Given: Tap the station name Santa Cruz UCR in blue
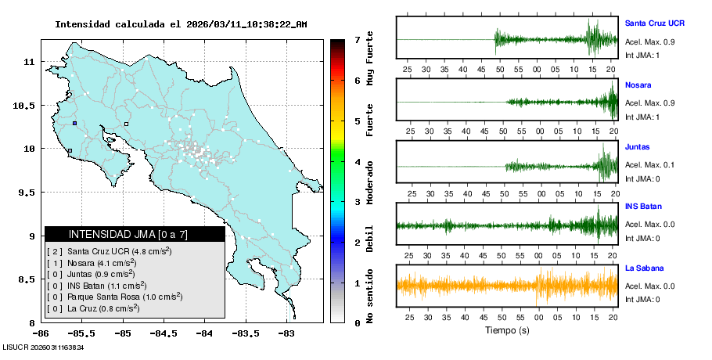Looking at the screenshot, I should (x=654, y=23).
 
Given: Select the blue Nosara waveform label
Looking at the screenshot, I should (x=638, y=85).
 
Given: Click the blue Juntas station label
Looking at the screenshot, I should (x=637, y=147).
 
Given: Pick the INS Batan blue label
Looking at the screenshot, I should (x=642, y=207).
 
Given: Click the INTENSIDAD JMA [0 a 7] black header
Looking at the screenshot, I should (x=135, y=234).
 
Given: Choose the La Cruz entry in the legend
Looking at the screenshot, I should (x=95, y=308).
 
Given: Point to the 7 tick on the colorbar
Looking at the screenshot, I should (x=357, y=39).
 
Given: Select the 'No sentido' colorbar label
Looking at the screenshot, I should (x=370, y=297).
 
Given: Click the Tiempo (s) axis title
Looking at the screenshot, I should (x=505, y=330).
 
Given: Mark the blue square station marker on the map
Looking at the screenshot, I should (x=74, y=123).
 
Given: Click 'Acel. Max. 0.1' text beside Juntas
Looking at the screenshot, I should (x=649, y=165).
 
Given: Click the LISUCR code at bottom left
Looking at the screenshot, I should (x=43, y=347).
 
